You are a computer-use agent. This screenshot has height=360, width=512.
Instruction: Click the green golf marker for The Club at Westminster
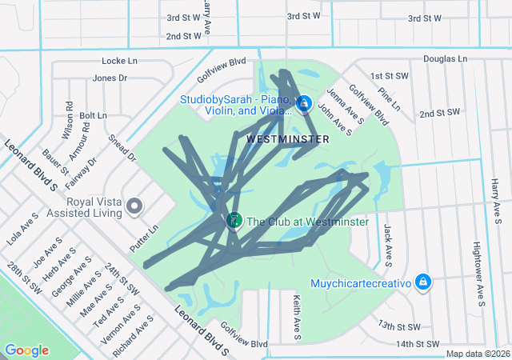point(234,220)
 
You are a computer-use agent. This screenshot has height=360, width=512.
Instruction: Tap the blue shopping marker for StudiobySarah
point(303,104)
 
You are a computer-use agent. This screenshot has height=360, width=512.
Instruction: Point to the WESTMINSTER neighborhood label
point(288,139)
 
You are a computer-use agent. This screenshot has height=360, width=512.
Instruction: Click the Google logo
point(26,350)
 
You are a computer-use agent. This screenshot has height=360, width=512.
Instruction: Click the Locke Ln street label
point(120,61)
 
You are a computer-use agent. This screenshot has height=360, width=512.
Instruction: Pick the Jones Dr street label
point(110,78)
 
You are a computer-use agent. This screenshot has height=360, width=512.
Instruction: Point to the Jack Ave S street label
point(387,244)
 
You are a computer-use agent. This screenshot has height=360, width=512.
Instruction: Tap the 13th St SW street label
point(399,326)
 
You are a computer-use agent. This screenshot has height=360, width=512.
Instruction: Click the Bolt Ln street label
point(93,116)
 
